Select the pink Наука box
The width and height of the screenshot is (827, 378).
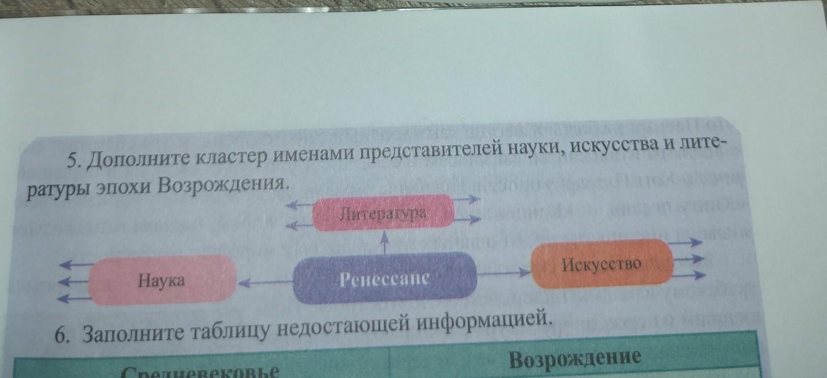[162, 280]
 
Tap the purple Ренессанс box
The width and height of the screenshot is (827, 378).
[385, 278]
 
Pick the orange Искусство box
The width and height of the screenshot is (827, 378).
[602, 264]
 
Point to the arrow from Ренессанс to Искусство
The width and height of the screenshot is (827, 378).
[504, 273]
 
